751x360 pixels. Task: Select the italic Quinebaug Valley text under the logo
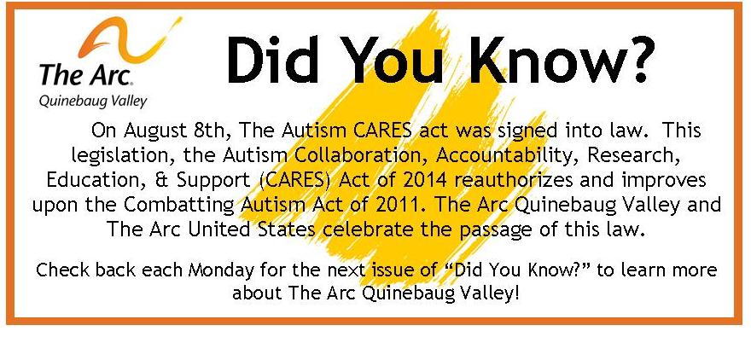coord(93,102)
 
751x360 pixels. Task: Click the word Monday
coord(221,271)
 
